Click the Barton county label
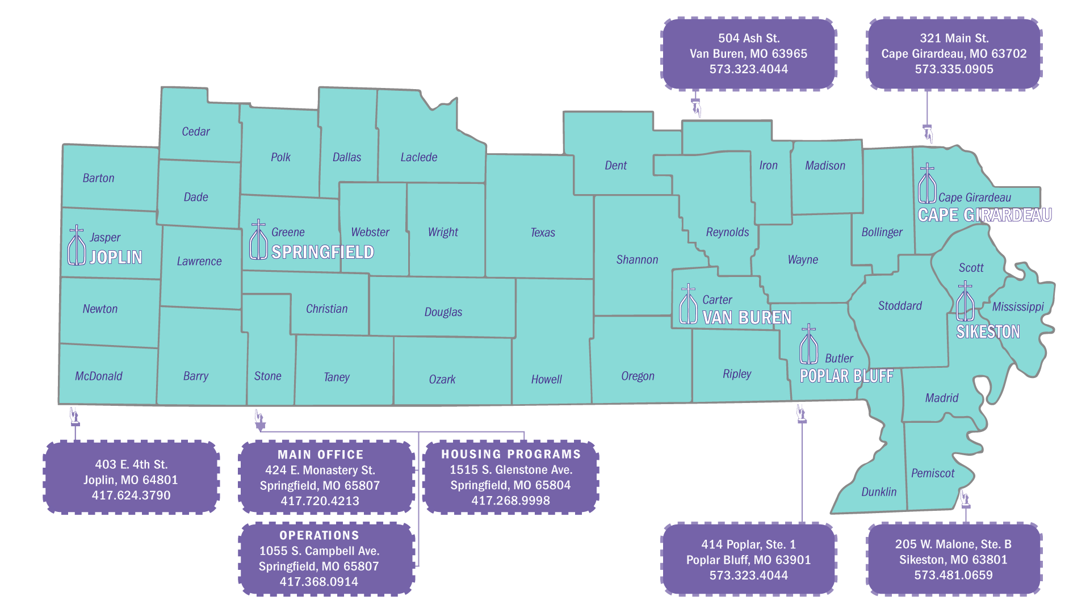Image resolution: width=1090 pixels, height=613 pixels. [x=98, y=178]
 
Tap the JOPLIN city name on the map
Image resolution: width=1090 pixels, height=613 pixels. [x=116, y=258]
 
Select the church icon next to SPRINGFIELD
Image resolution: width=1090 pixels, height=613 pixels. [x=258, y=240]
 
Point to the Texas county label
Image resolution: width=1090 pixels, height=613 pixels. [x=543, y=233]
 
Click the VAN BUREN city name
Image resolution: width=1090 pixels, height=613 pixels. [x=747, y=318]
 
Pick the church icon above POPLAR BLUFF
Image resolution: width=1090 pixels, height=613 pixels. [x=808, y=345]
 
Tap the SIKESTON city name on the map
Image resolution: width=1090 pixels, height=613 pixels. [x=988, y=332]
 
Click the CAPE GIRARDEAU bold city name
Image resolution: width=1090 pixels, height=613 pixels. [x=984, y=215]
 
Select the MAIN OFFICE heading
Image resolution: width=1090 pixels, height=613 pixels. [x=320, y=455]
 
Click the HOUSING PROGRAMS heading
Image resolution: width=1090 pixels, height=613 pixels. [x=511, y=454]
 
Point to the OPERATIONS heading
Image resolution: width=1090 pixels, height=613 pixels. [x=319, y=535]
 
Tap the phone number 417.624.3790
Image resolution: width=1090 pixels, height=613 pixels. [x=131, y=496]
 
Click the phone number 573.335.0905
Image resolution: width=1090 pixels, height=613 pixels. [x=954, y=69]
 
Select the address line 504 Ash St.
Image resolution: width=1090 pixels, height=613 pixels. [x=749, y=38]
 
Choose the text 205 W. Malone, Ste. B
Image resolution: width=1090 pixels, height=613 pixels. [x=953, y=544]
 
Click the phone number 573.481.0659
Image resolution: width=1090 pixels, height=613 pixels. [x=953, y=575]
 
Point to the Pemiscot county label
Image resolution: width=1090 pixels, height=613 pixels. [x=933, y=473]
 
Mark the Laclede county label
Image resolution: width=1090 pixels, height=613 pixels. [x=419, y=157]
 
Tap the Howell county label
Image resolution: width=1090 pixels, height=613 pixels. [x=546, y=380]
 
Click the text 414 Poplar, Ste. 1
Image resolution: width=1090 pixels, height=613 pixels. [x=748, y=544]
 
